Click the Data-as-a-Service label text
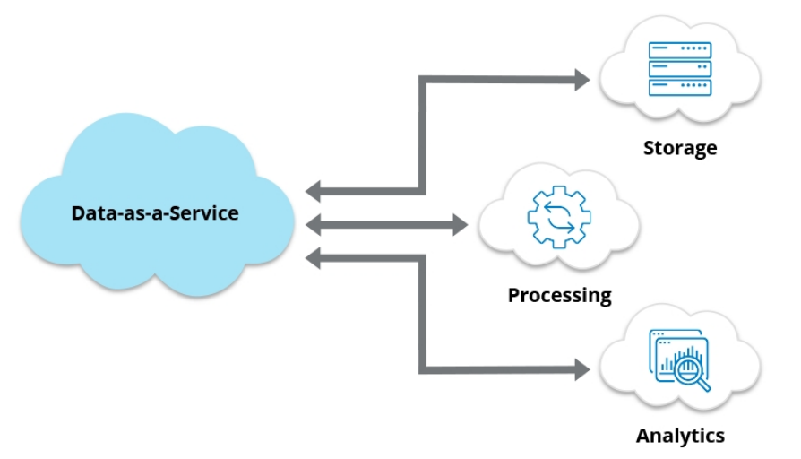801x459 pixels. pyautogui.click(x=155, y=213)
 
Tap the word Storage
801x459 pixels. pyautogui.click(x=680, y=147)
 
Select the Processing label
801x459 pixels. pyautogui.click(x=559, y=294)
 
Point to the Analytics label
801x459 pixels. pyautogui.click(x=680, y=436)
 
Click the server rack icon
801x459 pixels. pyautogui.click(x=679, y=68)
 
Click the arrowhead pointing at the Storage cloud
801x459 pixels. pyautogui.click(x=581, y=80)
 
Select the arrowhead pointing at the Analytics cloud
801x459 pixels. pyautogui.click(x=581, y=368)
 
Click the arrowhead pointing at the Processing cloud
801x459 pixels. pyautogui.click(x=460, y=224)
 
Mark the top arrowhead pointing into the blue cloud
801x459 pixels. pyautogui.click(x=314, y=191)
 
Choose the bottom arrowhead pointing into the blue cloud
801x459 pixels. pyautogui.click(x=314, y=259)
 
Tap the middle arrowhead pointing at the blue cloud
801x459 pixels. pyautogui.click(x=314, y=224)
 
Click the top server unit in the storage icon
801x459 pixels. pyautogui.click(x=679, y=49)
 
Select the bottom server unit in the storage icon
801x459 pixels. pyautogui.click(x=679, y=87)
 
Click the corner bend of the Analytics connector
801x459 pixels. pyautogui.click(x=422, y=368)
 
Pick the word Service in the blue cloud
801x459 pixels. pyautogui.click(x=207, y=213)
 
